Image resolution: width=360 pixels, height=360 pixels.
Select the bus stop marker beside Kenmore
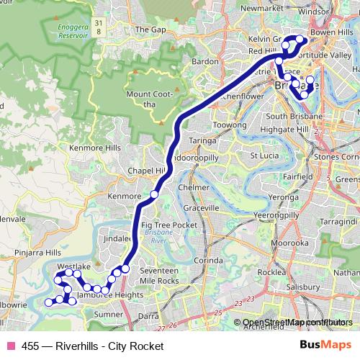154,195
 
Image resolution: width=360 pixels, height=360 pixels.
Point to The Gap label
150,30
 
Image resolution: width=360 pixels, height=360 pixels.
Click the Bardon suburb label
205,62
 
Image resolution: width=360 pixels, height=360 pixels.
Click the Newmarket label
258,9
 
